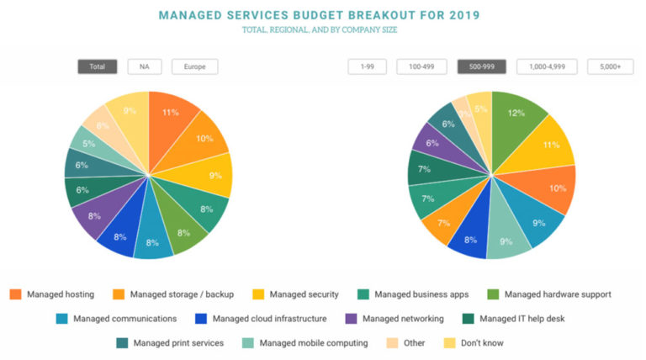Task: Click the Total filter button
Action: coord(97,66)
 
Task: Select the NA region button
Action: coord(145,66)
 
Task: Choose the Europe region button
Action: coord(194,66)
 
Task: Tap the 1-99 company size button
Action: coord(367,66)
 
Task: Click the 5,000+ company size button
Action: coord(610,66)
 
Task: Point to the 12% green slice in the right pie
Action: coord(515,116)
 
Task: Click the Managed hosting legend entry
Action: coord(52,294)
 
